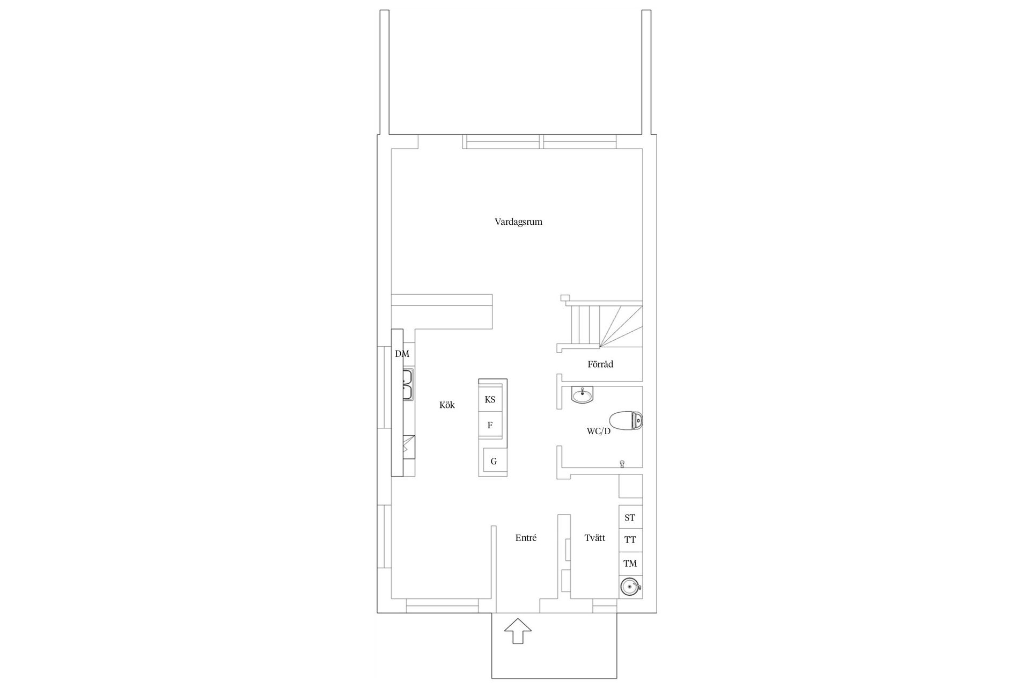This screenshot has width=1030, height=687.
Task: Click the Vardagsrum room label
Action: click(x=518, y=222)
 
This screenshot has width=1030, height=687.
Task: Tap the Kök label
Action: click(x=447, y=405)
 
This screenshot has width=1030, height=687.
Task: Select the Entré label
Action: click(x=526, y=538)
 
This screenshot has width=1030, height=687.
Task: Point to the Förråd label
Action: click(x=600, y=364)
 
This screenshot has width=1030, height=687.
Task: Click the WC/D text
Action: click(x=599, y=431)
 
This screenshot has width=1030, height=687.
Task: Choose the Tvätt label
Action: click(x=595, y=538)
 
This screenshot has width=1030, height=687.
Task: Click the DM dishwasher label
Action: click(x=402, y=354)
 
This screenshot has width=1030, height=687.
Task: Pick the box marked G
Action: click(x=494, y=462)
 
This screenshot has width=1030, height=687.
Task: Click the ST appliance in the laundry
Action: click(x=630, y=517)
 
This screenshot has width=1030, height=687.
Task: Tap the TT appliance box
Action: click(x=630, y=540)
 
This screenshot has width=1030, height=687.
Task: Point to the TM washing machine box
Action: click(x=630, y=563)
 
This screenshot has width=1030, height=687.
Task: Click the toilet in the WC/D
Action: click(x=626, y=421)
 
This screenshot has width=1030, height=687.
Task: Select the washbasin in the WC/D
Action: click(x=582, y=395)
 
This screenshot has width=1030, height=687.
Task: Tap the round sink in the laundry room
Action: click(x=630, y=587)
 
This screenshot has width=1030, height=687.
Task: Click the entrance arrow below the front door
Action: click(x=518, y=631)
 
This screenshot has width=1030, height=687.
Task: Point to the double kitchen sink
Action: click(x=408, y=384)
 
